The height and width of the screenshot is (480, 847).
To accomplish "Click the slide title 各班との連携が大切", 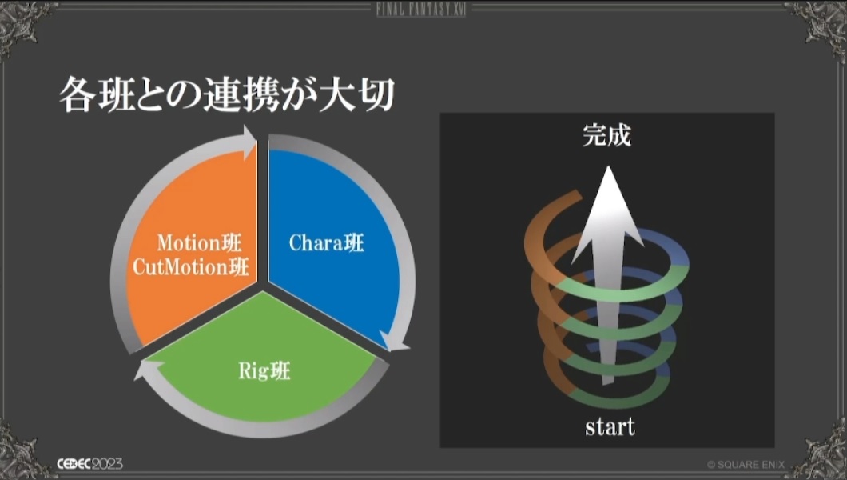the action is tap(226, 94).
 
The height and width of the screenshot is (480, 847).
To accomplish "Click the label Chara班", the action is tap(326, 242).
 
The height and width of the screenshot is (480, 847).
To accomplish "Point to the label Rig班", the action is tap(264, 371).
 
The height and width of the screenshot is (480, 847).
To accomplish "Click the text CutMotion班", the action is tap(191, 266).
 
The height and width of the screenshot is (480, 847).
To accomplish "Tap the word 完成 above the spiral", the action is tap(606, 135).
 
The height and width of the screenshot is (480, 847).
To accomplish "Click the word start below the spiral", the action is tap(610, 427).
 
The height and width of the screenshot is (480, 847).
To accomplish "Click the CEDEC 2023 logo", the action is tap(89, 464).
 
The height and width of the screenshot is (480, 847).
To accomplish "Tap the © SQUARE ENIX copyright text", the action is tap(746, 464).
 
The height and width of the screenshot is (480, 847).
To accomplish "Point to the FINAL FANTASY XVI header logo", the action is tap(421, 9).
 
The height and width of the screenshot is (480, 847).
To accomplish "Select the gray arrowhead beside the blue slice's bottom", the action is tap(394, 342).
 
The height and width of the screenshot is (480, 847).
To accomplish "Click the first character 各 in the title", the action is tap(77, 94).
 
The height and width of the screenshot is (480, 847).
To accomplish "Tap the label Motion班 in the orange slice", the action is tap(199, 242).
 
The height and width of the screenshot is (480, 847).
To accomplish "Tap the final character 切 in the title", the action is tap(376, 94).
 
